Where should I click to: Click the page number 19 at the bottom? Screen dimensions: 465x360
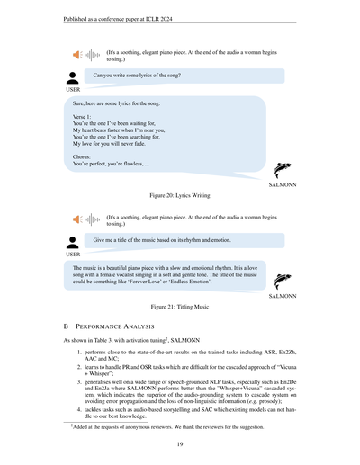pos(180,443)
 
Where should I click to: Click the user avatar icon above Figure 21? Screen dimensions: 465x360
pos(73,240)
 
